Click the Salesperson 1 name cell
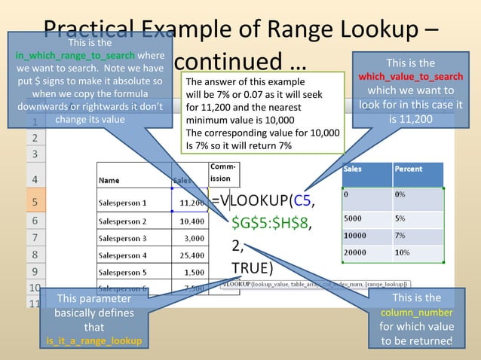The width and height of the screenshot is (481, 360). point(123,203)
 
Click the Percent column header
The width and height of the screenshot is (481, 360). point(408,169)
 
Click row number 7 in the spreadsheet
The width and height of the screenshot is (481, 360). point(14,236)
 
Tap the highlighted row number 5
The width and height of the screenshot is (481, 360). point(14,202)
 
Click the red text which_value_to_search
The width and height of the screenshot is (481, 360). point(410,77)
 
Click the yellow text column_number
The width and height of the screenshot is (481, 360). point(416,313)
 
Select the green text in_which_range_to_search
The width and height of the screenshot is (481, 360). point(75,56)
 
